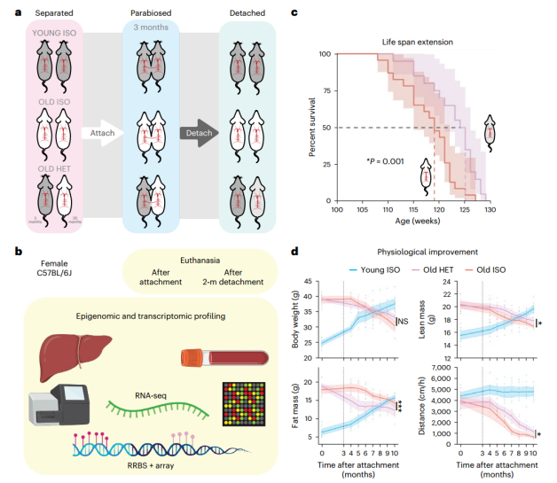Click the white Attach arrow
pos(101,132)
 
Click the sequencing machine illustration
pos(56,416)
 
